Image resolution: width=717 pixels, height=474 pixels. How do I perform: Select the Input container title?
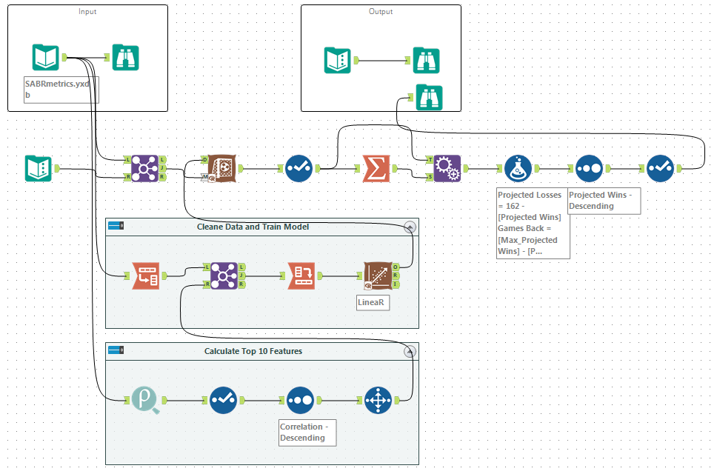point(87,12)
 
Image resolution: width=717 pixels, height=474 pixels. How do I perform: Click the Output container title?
point(381,12)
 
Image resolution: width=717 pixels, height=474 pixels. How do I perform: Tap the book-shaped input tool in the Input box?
point(46,57)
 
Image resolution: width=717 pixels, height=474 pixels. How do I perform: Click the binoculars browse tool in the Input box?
point(126,57)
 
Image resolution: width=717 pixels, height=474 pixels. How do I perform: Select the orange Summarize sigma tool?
point(376,169)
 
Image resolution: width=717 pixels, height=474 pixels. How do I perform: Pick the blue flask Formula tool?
point(518,169)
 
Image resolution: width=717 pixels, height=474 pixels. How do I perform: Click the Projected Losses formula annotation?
point(533,222)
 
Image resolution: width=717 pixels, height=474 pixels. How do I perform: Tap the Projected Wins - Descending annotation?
point(603,200)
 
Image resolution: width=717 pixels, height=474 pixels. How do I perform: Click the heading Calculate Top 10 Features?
point(253,351)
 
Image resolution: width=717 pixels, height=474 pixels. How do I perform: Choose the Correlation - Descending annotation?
point(307,432)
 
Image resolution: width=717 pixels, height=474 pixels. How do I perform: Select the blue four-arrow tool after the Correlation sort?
point(378,401)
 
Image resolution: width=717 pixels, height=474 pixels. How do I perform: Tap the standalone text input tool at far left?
point(38,169)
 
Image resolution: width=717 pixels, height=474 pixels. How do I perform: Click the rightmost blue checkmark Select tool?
point(659,169)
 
